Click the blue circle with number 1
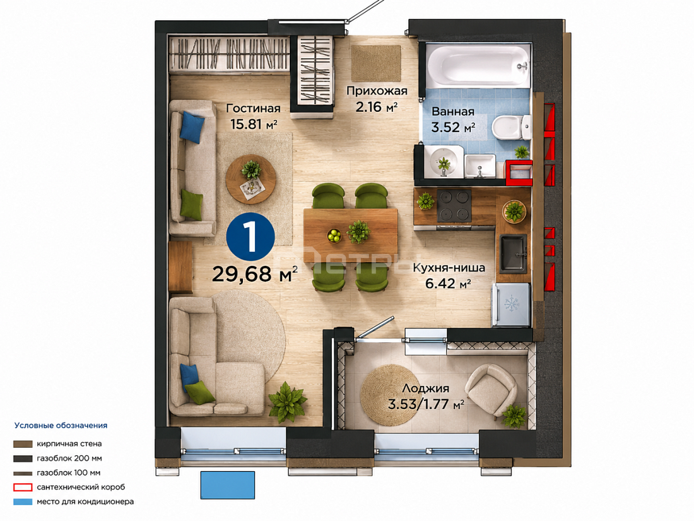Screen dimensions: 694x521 [x=250, y=236]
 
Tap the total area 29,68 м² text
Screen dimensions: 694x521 [x=255, y=274]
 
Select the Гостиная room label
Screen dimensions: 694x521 [x=253, y=109]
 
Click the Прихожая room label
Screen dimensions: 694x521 [x=377, y=92]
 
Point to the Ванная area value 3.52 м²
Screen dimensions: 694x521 [x=453, y=128]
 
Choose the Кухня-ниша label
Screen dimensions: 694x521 [x=449, y=268]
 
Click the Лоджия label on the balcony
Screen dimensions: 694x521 [x=426, y=388]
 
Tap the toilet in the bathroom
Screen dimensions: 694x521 [x=511, y=127]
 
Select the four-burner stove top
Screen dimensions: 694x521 [x=454, y=206]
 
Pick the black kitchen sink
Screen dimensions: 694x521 [x=514, y=253]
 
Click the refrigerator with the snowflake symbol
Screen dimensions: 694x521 [x=511, y=305]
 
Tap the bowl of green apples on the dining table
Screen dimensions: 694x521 [x=334, y=236]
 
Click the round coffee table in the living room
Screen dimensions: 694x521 [x=251, y=179]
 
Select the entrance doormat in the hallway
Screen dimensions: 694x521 [x=376, y=63]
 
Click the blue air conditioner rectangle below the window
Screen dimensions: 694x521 [x=228, y=486]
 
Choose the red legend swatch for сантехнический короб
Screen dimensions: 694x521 [x=23, y=488]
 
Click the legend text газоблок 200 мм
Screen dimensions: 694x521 [x=69, y=458]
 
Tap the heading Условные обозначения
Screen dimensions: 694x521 [x=61, y=426]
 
